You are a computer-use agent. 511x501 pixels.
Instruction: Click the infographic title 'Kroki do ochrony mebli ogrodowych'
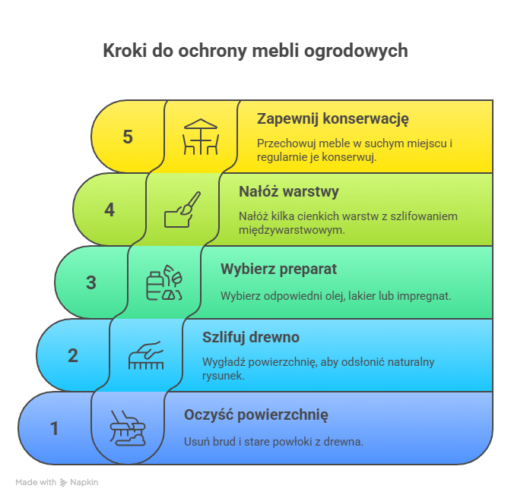tap(255, 52)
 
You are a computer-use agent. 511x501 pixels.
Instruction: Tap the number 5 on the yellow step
tap(128, 137)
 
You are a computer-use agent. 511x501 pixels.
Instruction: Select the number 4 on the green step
tap(109, 210)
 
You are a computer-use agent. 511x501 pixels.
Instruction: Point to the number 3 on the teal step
tap(91, 282)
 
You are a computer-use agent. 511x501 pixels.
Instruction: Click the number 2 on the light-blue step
tap(73, 355)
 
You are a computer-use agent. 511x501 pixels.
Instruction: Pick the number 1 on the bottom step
tap(55, 428)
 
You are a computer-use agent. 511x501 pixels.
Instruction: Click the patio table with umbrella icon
tap(201, 137)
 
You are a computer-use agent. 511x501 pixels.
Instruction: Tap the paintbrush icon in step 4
tap(182, 210)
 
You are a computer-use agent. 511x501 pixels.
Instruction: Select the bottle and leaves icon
tap(164, 282)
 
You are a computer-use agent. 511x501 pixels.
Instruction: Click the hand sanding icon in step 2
tap(146, 355)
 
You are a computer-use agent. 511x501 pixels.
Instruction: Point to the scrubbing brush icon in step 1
tap(128, 428)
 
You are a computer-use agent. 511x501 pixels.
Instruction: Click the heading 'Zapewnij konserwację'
tap(333, 119)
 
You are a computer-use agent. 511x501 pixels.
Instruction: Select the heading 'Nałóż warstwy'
tap(289, 191)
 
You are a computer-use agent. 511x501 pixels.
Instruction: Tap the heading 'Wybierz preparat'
tap(278, 269)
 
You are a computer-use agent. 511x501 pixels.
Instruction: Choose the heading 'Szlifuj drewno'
tap(251, 338)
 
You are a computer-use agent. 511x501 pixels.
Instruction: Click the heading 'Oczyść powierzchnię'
tap(256, 415)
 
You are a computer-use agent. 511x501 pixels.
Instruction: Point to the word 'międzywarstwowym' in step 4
tap(292, 230)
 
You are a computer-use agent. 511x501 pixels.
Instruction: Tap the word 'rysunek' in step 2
tap(224, 376)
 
